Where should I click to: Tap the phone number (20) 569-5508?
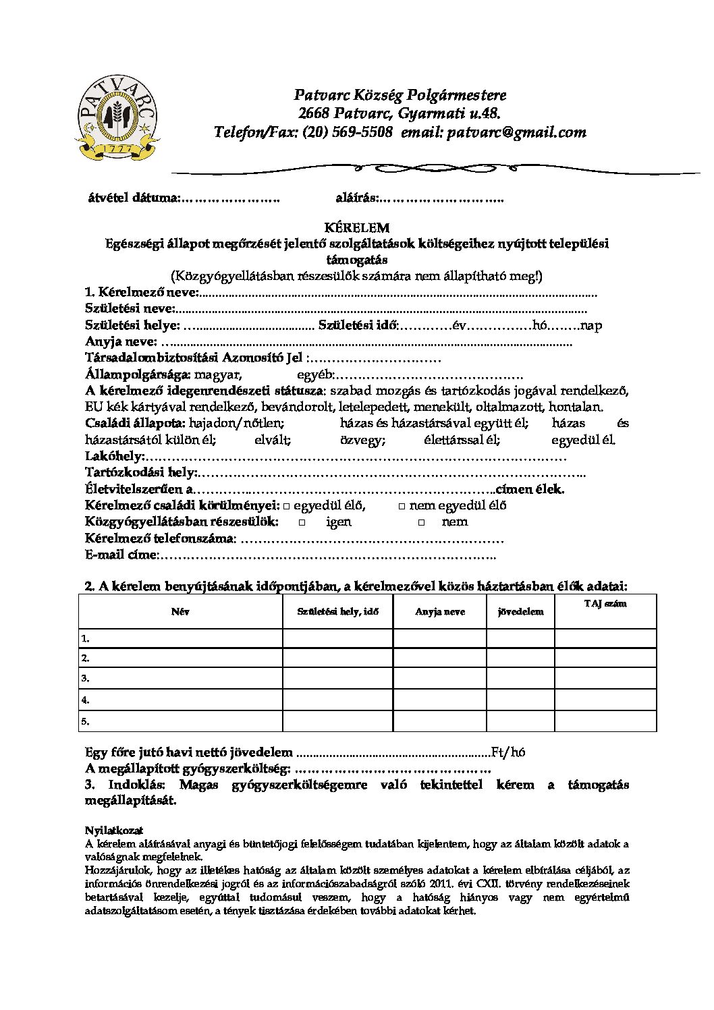coord(348,132)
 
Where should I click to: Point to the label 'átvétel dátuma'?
coord(134,198)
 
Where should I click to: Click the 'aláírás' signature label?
coord(357,198)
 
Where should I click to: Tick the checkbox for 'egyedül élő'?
coord(287,506)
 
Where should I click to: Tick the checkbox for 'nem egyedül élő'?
coord(402,506)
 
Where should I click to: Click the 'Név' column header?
coord(180,612)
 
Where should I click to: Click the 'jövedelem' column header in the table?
coord(520,612)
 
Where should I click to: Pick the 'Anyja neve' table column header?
coord(439,612)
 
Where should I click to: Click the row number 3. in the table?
coord(86,678)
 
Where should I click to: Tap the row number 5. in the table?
coord(86,721)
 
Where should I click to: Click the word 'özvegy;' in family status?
coord(362,441)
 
